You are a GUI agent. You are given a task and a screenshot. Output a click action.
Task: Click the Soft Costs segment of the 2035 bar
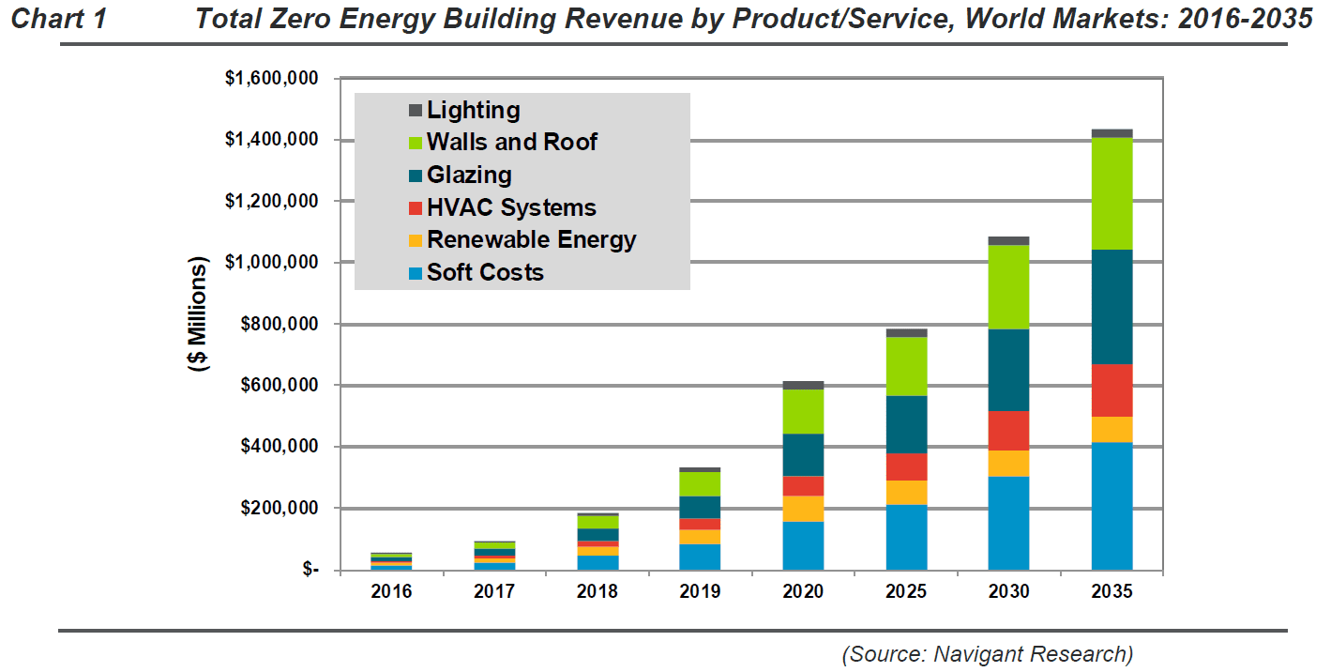pos(1112,506)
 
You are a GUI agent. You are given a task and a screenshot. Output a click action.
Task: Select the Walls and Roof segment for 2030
pos(1008,287)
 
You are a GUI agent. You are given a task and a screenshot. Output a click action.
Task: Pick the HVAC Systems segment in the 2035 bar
pos(1112,390)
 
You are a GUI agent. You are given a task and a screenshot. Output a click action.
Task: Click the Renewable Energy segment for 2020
pos(803,509)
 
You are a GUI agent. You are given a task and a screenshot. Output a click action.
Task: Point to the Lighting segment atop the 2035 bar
pos(1112,133)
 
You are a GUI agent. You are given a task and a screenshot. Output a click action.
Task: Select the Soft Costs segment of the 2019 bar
pos(700,557)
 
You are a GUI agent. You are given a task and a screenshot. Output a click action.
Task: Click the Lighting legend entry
pos(473,110)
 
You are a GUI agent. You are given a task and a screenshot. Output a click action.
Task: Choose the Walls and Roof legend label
pos(511,142)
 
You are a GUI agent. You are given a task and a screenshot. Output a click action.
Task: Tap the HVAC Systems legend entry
pos(511,207)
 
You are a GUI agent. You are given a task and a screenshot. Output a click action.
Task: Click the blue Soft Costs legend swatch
pos(416,273)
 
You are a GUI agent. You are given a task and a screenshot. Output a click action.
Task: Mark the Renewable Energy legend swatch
pos(416,240)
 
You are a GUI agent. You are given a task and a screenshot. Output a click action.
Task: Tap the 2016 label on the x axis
pos(391,592)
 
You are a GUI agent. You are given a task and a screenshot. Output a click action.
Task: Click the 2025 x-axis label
pos(906,592)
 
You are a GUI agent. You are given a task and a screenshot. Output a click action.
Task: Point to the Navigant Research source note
pos(987,653)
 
